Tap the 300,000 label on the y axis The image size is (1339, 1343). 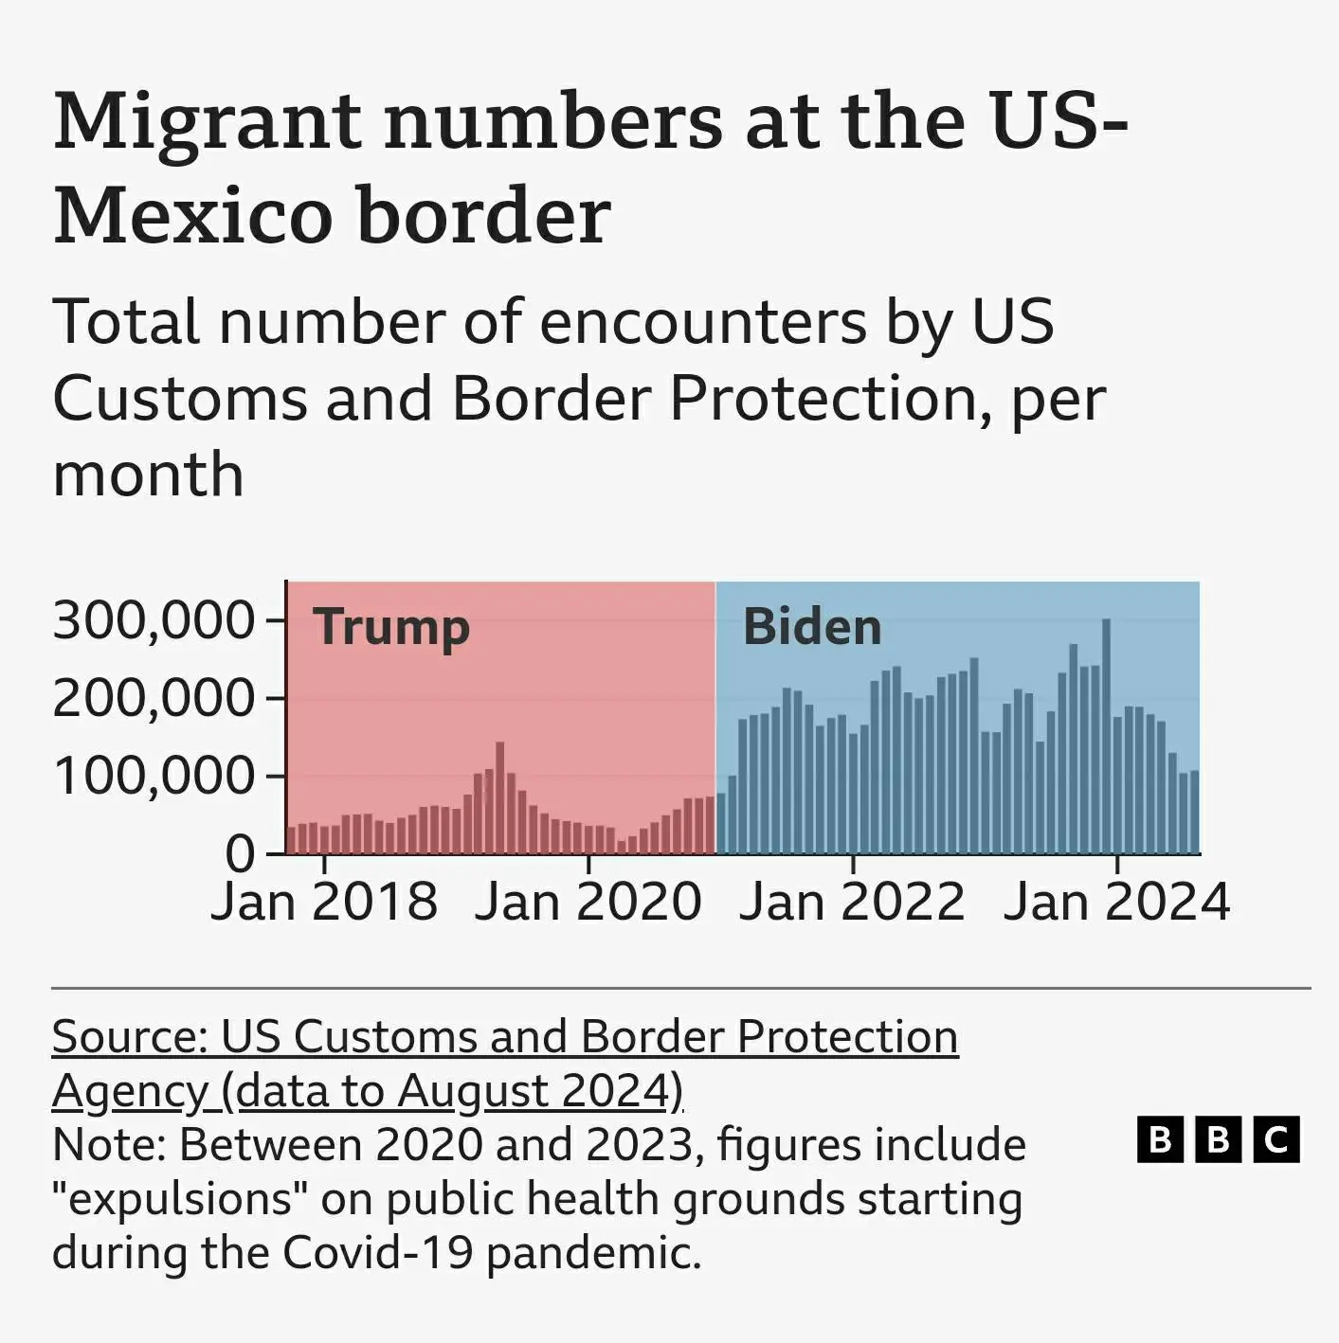(x=154, y=621)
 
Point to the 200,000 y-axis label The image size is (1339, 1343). (x=154, y=699)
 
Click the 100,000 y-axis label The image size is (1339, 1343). (x=154, y=777)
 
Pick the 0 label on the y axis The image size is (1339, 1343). (x=241, y=854)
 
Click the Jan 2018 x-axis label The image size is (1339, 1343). (x=324, y=902)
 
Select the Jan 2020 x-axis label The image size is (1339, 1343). (x=588, y=902)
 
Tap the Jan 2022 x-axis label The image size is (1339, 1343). (x=852, y=902)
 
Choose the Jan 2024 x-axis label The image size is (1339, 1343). (x=1116, y=902)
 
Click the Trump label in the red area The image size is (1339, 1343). (x=391, y=627)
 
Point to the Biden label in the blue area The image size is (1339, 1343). (x=812, y=627)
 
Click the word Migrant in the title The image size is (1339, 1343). (x=207, y=123)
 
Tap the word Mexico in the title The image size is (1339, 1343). (x=194, y=216)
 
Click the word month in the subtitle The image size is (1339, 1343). (x=148, y=474)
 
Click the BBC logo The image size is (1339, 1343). (x=1218, y=1139)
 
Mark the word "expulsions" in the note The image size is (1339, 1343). (x=180, y=1199)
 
